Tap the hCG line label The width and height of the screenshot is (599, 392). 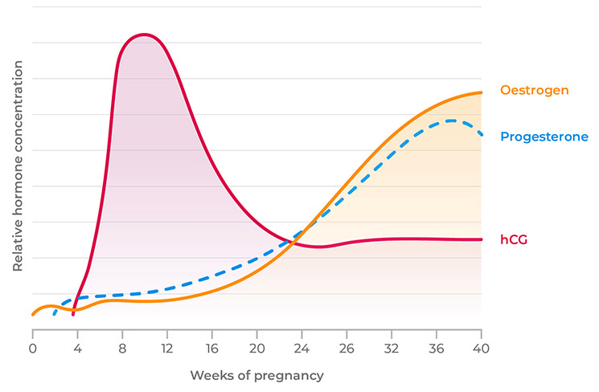[514, 239]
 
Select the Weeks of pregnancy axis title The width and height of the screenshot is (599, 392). [256, 376]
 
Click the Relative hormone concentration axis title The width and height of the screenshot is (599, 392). [17, 176]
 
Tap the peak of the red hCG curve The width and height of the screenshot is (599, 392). [144, 35]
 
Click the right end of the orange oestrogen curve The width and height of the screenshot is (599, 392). [482, 92]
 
